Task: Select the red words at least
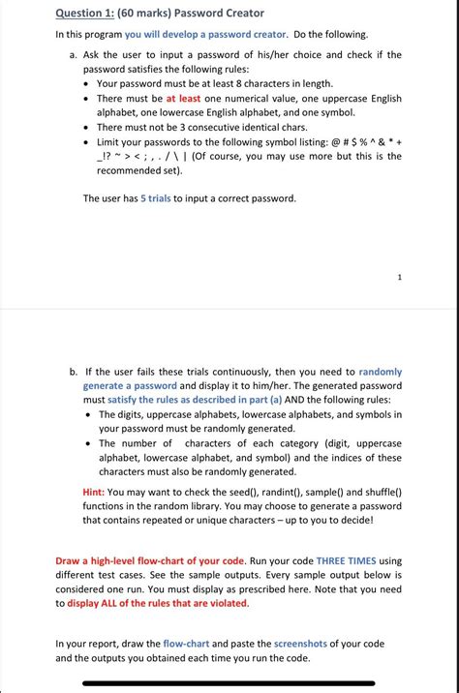coord(184,98)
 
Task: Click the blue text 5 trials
coord(156,198)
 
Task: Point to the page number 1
coord(398,277)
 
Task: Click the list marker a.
coord(74,55)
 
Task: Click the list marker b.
coord(74,372)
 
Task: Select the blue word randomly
coord(380,372)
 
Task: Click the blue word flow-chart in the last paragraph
coord(186,643)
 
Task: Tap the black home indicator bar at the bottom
coord(229,682)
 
